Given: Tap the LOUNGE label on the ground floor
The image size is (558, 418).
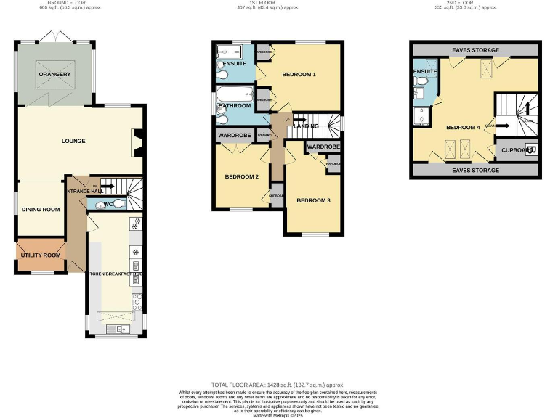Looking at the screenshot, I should coord(73,141).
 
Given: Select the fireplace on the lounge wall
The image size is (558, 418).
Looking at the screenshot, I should coord(137,142).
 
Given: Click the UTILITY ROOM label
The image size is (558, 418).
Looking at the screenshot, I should coord(41,255).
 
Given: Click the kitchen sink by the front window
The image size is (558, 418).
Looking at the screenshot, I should coord(116,329).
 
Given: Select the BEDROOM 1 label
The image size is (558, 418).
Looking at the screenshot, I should coord(299,74).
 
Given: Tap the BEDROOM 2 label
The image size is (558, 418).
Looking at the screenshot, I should coord(241,176).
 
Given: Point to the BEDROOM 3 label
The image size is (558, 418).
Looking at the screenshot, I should coord(308,200).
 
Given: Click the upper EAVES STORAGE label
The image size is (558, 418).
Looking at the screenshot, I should coord(475,50).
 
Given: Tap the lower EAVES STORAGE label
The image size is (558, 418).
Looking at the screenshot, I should coord(475,170).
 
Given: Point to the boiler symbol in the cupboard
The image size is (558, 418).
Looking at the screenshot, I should coord(530,150).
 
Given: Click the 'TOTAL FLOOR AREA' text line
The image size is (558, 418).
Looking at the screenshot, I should coord(278,385).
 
